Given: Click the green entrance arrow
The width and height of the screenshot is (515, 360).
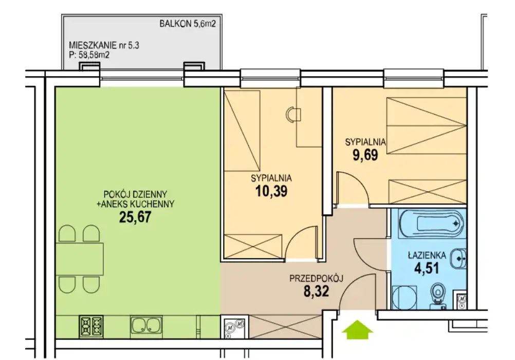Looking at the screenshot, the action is point(357,330).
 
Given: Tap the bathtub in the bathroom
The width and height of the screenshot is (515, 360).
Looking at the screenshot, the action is point(432,224).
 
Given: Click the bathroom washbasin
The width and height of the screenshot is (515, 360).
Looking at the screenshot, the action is point(458,258).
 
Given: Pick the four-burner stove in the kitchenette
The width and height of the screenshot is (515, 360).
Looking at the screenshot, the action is point(91,326).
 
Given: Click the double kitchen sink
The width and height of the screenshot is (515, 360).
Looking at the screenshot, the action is point(146,326).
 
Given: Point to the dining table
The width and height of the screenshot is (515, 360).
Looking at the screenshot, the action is point(80,259).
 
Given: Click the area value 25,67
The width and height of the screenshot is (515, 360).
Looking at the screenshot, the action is point(135,217).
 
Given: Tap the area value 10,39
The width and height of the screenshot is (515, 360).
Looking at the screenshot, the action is point(271,191).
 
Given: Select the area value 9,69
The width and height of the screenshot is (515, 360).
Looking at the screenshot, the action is point(365,154).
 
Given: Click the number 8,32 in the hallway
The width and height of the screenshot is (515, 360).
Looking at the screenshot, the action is point(316,291).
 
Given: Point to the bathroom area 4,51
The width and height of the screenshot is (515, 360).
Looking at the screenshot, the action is point(427,268).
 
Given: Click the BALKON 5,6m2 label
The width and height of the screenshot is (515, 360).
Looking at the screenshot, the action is point(188,24).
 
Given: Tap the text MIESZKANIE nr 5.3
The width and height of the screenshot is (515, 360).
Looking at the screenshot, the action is point(104,45).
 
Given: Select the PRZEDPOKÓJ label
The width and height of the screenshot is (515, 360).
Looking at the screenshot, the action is point(316,278).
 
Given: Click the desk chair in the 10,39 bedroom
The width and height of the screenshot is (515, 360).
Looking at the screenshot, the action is point(292,115).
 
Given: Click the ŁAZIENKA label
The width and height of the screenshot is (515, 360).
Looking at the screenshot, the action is point(427,255).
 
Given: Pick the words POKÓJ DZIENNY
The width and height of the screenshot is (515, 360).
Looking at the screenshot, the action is point(135,194).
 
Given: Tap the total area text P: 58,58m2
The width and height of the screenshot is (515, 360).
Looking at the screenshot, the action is point(89,55).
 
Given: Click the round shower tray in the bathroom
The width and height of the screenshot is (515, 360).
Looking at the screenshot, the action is point(404,297).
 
